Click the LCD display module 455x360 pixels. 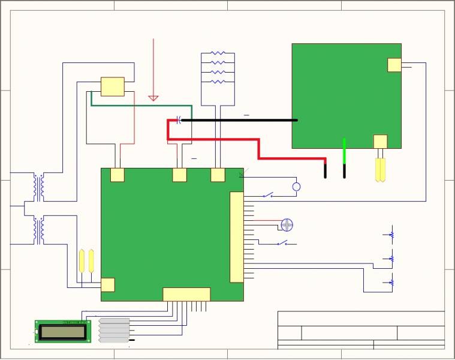pos(63,331)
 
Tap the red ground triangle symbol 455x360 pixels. pos(153,97)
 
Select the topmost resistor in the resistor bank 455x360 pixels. pos(218,53)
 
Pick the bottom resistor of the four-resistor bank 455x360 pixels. pos(218,82)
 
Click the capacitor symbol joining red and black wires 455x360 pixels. pos(179,120)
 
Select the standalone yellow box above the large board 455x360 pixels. pos(113,86)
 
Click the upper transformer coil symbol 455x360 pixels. pos(39,188)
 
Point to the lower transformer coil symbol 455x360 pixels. pos(39,231)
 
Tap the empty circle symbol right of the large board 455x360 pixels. pos(296,187)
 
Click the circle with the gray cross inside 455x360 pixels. pos(287,225)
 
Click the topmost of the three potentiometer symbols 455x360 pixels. pos(391,235)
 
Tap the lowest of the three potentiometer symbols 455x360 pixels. pos(391,282)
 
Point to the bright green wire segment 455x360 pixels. pos(345,150)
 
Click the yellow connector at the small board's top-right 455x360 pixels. pos(394,65)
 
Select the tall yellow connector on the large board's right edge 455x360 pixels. pos(237,237)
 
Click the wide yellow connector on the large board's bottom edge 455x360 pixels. pos(186,294)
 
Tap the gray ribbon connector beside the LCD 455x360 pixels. pos(114,330)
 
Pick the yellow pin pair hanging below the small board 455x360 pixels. pos(379,170)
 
